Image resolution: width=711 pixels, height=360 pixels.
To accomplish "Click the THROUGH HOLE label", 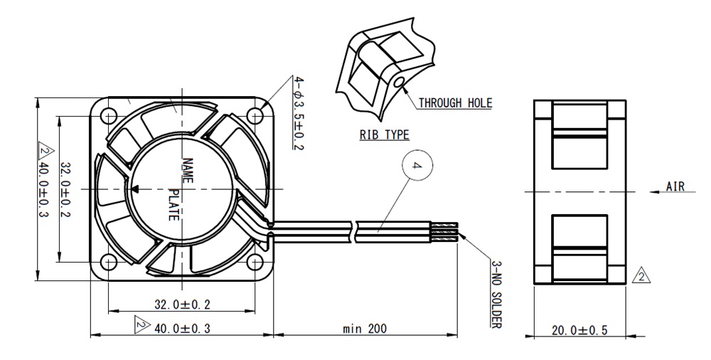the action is pyautogui.click(x=455, y=103).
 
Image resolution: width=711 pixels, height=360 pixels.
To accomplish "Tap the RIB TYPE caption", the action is pyautogui.click(x=385, y=135).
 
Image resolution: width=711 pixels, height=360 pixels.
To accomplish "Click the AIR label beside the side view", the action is pyautogui.click(x=675, y=186).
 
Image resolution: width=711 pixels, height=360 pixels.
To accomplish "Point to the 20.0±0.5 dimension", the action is pyautogui.click(x=579, y=330).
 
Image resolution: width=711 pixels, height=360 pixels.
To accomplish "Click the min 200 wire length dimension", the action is pyautogui.click(x=365, y=328).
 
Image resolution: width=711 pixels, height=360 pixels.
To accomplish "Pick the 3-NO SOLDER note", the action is pyautogui.click(x=496, y=294).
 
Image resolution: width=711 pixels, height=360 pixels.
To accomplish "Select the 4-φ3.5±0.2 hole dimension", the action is pyautogui.click(x=299, y=113).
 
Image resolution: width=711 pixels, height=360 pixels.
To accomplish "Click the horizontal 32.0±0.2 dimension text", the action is pyautogui.click(x=183, y=305).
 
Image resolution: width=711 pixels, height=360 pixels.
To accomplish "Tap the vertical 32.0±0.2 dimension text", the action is pyautogui.click(x=65, y=189).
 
